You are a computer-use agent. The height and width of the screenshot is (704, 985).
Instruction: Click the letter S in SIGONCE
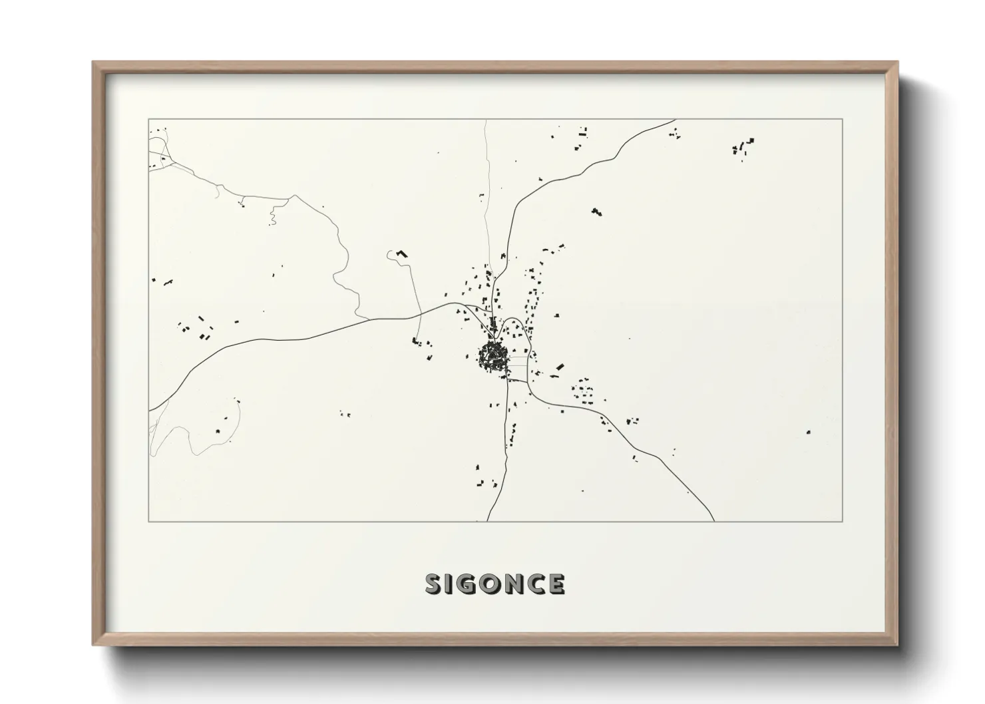click(434, 584)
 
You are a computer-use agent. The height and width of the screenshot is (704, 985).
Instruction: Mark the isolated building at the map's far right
click(808, 432)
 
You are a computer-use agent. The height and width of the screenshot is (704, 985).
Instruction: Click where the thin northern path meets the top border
click(485, 120)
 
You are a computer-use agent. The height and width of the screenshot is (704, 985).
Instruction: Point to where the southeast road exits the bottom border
click(714, 521)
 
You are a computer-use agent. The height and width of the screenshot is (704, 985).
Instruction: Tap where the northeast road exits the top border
click(676, 120)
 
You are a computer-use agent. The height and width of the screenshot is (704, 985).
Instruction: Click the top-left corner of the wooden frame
click(93, 63)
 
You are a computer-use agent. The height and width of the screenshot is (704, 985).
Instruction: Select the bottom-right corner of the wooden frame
click(898, 645)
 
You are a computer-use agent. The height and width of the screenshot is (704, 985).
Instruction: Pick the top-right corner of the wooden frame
click(898, 63)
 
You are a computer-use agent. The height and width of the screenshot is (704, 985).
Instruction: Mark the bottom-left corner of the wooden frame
click(93, 645)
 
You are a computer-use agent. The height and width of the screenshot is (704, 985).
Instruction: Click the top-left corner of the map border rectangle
click(148, 119)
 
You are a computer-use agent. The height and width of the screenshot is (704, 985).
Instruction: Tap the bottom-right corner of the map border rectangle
click(843, 521)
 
